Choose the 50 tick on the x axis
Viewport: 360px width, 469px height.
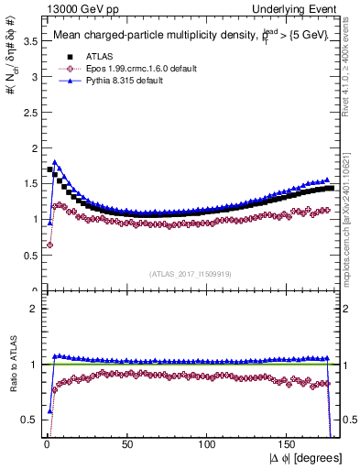(127, 443)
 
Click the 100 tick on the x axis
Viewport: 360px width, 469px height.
(208, 443)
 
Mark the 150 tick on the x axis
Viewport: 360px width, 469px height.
(289, 443)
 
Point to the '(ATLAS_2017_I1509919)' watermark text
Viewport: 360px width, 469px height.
(191, 273)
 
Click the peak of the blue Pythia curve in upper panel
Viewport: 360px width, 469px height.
(56, 162)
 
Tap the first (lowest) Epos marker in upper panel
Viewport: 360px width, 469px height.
(49, 245)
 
